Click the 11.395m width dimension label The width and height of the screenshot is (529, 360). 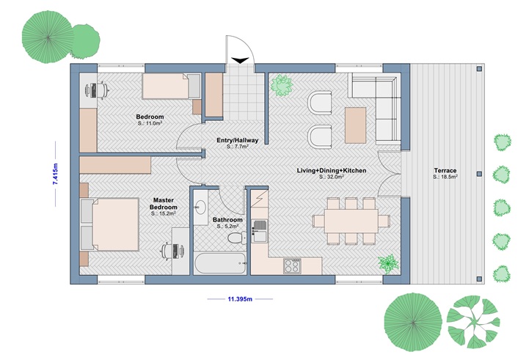click(x=239, y=299)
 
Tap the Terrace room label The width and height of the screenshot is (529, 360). click(x=445, y=170)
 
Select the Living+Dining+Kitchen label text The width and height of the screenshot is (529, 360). click(x=331, y=170)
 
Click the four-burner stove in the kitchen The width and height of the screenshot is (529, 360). click(x=292, y=265)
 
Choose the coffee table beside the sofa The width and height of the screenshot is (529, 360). click(x=356, y=125)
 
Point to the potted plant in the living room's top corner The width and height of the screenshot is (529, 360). click(x=280, y=84)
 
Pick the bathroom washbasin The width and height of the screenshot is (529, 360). click(x=200, y=208)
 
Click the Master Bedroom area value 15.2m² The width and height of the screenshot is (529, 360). click(x=162, y=216)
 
